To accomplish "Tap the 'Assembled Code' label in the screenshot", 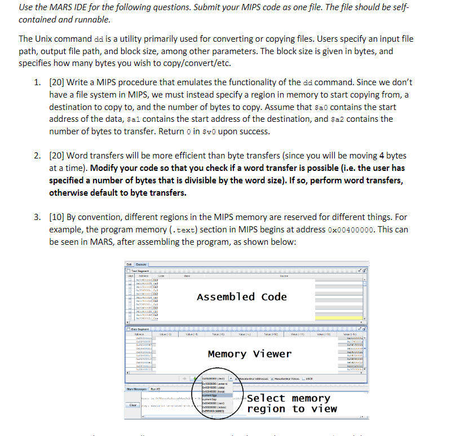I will click(x=241, y=297).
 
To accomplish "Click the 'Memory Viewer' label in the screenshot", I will click(x=250, y=354).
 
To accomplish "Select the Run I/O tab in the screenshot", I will click(x=156, y=389).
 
